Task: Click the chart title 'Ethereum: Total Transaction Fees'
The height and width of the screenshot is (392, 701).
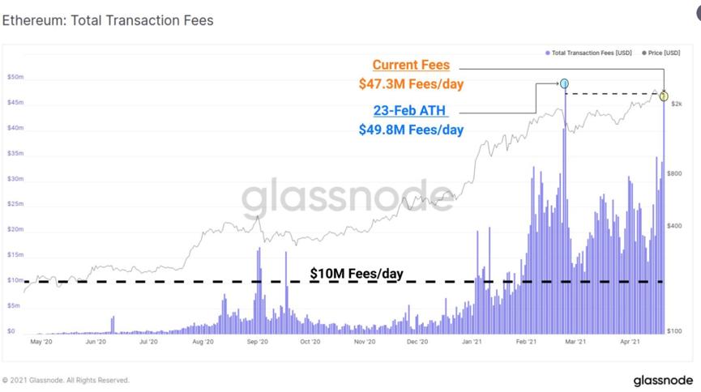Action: tap(108, 20)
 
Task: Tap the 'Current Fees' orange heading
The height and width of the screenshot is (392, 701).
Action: tap(411, 65)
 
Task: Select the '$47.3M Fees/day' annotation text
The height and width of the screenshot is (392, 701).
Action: tap(411, 83)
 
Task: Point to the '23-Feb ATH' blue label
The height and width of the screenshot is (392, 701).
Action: tap(410, 111)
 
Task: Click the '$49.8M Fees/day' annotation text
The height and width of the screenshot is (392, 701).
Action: tap(411, 130)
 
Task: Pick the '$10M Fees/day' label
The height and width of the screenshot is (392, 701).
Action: tap(357, 274)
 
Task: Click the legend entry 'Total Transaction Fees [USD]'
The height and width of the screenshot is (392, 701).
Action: tap(589, 53)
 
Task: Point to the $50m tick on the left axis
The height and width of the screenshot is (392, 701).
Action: tap(15, 78)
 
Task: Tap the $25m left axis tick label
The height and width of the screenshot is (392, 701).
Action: tap(15, 204)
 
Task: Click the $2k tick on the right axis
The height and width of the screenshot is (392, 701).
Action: tap(676, 104)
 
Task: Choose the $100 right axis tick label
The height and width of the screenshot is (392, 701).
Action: tap(674, 331)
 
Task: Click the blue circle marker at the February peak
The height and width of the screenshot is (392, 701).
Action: tap(564, 83)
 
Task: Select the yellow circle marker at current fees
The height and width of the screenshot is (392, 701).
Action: tap(664, 96)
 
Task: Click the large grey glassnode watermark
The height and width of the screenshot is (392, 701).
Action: tap(348, 197)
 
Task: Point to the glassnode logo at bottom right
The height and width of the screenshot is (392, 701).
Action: tap(662, 380)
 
